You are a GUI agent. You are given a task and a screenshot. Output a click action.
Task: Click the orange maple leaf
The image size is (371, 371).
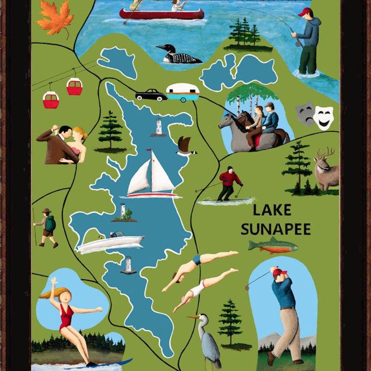tap(54, 17)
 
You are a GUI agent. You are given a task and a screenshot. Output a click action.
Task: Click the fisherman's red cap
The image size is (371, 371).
tap(306, 12)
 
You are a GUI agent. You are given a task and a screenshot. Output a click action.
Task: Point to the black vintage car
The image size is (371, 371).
tap(151, 95)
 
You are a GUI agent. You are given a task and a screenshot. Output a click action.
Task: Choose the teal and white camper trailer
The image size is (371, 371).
tap(183, 92)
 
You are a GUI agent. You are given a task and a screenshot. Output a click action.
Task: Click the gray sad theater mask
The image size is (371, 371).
tap(305, 114)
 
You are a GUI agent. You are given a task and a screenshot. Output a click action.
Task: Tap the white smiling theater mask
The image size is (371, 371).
tap(323, 117)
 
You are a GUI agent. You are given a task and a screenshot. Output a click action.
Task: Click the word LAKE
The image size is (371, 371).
tap(272, 210)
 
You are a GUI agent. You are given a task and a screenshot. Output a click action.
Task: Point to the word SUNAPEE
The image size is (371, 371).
tap(275, 229)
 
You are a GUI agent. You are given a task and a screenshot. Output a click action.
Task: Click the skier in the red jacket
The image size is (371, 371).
tap(229, 183)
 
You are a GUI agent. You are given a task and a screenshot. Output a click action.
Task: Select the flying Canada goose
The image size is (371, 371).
tap(185, 146)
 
